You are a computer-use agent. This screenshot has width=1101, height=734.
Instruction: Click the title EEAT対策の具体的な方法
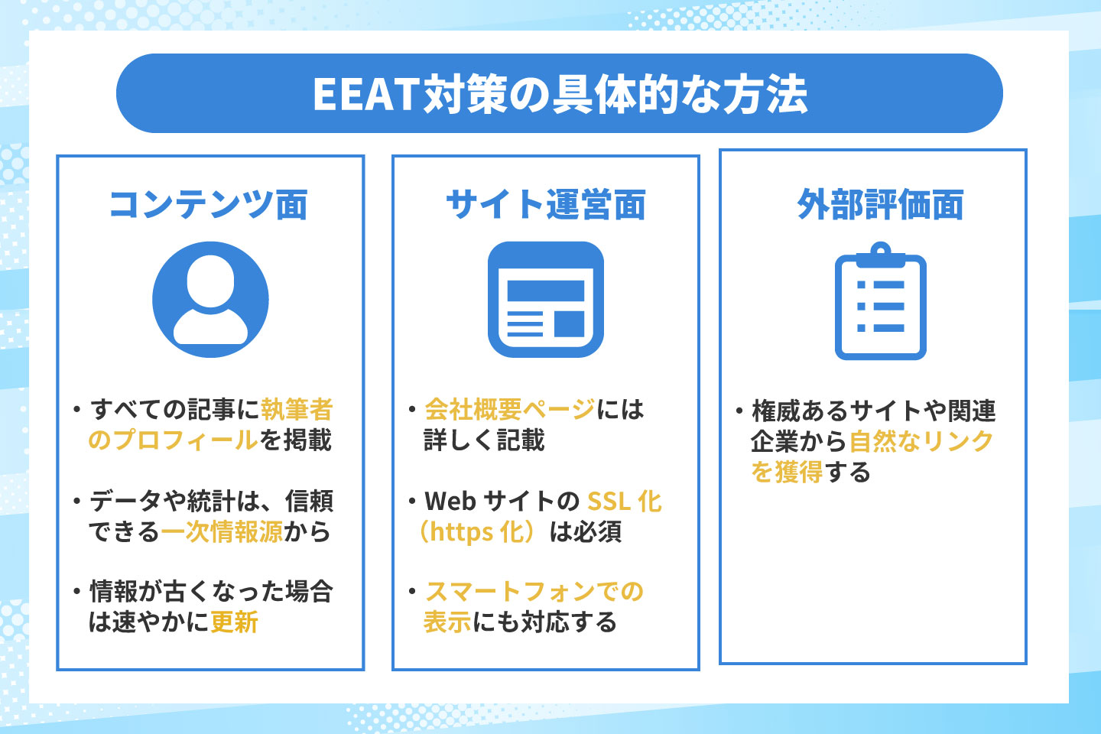coord(560,94)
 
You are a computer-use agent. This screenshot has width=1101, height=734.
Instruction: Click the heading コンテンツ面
coord(209,204)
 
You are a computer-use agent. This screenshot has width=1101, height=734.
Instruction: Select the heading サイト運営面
coord(546,204)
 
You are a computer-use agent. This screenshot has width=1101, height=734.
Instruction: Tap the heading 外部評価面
coord(880,204)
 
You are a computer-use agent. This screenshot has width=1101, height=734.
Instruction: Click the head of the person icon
coord(210,281)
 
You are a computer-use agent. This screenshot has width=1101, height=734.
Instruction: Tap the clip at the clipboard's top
coord(881,255)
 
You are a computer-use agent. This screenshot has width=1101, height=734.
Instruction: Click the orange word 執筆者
coord(297,409)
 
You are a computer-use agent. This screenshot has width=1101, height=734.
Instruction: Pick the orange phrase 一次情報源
coord(222,531)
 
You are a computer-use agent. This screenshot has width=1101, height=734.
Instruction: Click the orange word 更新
coord(235,622)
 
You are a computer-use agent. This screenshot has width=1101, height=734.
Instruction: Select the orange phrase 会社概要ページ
coord(510,409)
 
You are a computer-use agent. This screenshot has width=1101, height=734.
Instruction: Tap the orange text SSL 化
coord(625,501)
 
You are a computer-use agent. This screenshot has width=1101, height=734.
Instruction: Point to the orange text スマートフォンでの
coord(534,592)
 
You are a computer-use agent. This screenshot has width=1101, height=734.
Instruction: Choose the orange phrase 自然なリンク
coord(921,441)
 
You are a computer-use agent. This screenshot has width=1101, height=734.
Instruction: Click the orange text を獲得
coord(787,472)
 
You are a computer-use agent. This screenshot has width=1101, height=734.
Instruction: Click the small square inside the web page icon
coord(569,324)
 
